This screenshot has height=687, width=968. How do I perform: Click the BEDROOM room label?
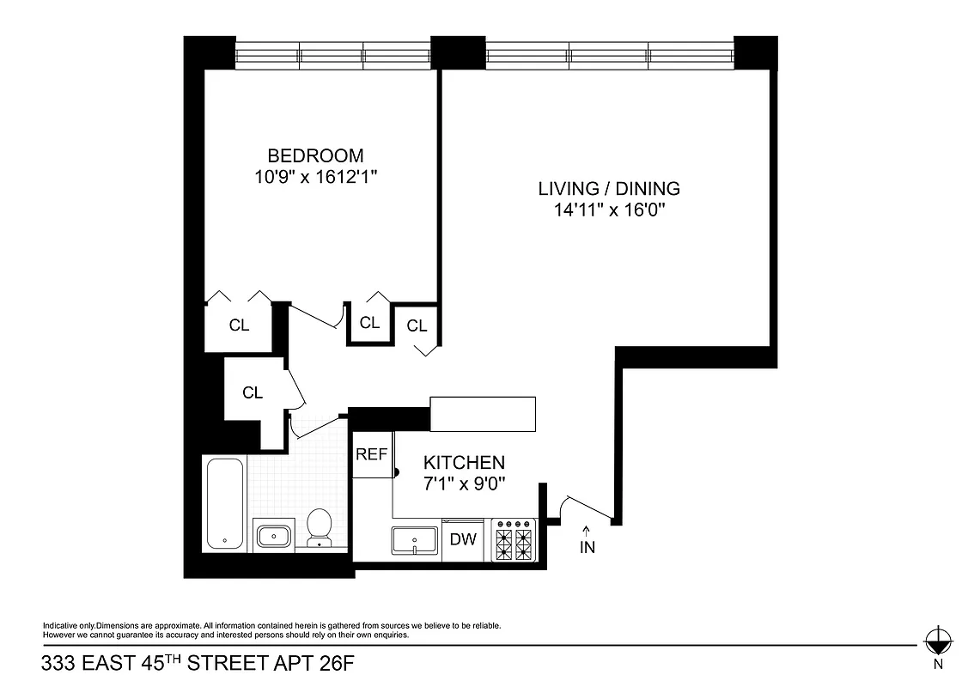coord(315,155)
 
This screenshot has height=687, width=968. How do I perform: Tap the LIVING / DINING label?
coord(609,188)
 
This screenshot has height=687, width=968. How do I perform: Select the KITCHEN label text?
coord(464,463)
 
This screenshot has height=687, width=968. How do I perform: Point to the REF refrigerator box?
coord(372,455)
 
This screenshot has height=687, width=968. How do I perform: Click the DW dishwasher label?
coord(464,540)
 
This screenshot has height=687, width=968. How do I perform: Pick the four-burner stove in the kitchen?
coord(514,541)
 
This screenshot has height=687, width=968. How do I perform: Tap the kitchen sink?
coord(416,541)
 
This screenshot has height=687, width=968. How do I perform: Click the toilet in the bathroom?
coord(320,527)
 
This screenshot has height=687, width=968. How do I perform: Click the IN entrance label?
coord(587,547)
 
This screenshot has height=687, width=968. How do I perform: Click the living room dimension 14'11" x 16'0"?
coord(609,210)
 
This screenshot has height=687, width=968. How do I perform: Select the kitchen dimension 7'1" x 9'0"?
coord(464,483)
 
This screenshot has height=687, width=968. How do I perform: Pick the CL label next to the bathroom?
coord(252,392)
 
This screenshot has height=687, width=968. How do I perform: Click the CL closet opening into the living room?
coord(417,325)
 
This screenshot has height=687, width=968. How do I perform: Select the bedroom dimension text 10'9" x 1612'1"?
coord(315,177)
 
